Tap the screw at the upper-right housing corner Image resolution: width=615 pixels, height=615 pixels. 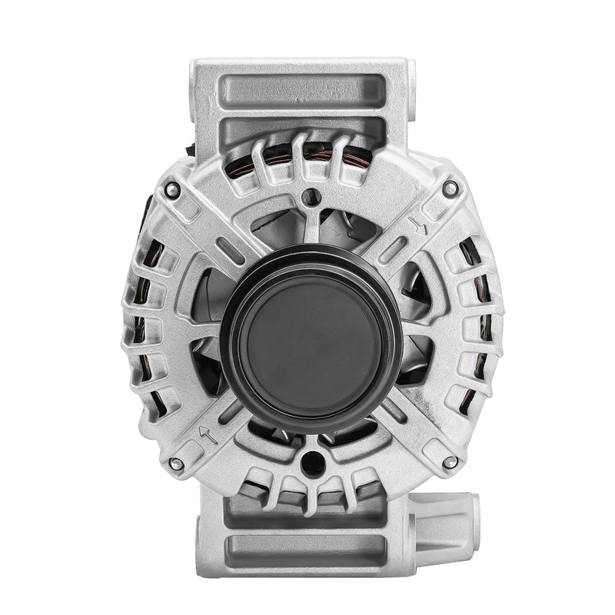(x=450, y=187)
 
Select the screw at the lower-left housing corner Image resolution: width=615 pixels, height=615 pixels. (x=176, y=464)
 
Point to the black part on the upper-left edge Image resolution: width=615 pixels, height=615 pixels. (x=148, y=208)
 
